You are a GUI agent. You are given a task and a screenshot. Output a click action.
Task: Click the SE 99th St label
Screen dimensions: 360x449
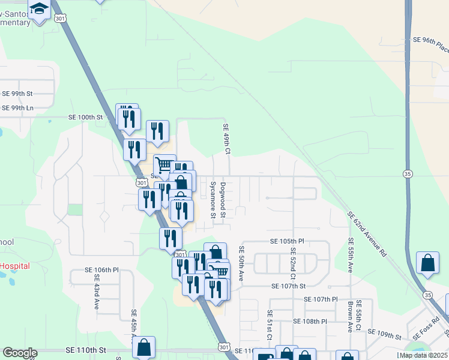(17, 94)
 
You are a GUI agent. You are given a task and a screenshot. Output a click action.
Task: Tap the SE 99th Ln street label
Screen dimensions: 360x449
(17, 107)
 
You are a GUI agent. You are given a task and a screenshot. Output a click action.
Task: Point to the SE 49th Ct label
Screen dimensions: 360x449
(227, 139)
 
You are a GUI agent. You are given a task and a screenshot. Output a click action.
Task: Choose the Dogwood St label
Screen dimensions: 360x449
(223, 200)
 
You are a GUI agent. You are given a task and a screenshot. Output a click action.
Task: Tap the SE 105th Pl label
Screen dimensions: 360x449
(284, 241)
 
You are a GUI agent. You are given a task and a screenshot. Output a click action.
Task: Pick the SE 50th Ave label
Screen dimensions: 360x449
(241, 263)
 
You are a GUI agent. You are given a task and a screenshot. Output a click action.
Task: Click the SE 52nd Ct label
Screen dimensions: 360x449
(293, 263)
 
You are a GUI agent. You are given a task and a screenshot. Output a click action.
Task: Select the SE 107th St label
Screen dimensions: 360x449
(288, 287)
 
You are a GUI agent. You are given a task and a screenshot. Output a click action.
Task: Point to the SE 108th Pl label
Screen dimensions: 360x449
(310, 321)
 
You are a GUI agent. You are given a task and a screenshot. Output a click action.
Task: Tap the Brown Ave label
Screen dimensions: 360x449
(349, 316)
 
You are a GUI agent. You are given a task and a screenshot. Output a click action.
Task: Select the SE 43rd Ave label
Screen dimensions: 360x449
(96, 292)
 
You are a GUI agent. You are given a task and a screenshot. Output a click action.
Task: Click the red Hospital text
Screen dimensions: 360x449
(14, 266)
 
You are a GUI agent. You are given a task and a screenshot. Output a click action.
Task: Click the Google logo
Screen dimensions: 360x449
(20, 353)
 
